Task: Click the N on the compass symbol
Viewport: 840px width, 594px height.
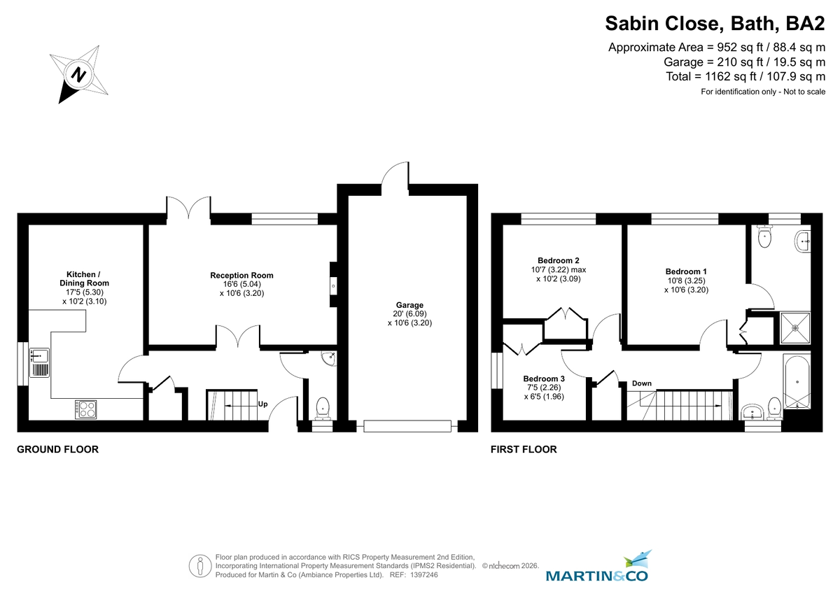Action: [x=79, y=74]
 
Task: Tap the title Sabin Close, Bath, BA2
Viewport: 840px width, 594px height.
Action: [x=715, y=24]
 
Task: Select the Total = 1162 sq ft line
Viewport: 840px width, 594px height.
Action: [x=745, y=77]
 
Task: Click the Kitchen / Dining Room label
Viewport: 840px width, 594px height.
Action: [x=88, y=278]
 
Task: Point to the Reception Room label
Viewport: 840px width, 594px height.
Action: [x=241, y=275]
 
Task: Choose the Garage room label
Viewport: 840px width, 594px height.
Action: [x=410, y=305]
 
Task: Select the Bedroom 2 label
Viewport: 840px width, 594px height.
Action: [x=558, y=260]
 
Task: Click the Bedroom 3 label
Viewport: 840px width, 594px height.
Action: [x=544, y=379]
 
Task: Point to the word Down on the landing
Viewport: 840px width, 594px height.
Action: [x=641, y=383]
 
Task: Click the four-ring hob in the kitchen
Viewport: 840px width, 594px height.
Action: [x=86, y=409]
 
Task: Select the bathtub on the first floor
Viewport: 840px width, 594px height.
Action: [x=796, y=382]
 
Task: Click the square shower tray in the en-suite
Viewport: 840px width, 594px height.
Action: [x=794, y=327]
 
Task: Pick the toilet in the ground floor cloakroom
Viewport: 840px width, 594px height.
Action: [x=323, y=406]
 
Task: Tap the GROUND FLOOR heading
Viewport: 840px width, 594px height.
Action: [x=57, y=450]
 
